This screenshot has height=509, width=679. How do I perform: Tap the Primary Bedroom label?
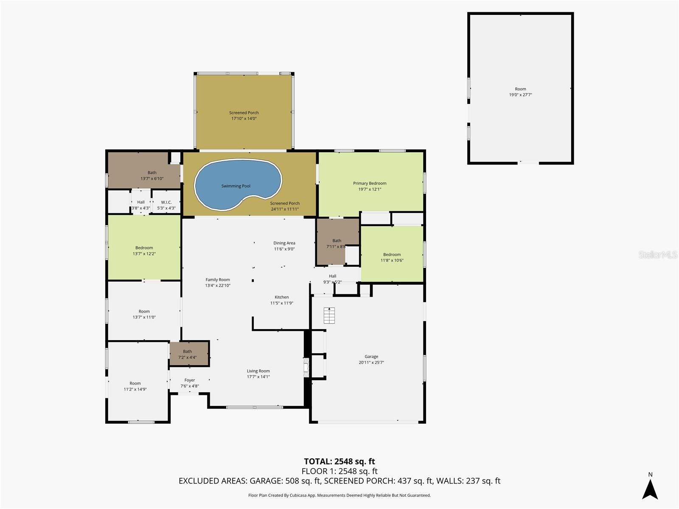[x=370, y=183]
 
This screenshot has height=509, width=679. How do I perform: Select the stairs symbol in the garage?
[x=329, y=316]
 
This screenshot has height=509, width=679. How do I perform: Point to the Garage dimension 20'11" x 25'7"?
[x=371, y=363]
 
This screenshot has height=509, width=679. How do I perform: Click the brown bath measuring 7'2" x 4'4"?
[x=189, y=354]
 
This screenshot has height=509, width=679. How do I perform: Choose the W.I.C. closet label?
[x=166, y=202]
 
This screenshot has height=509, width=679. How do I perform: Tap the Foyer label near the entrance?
[x=190, y=380]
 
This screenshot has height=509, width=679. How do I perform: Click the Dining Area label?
[x=284, y=243]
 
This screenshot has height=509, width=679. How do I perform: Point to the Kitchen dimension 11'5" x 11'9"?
[x=282, y=303]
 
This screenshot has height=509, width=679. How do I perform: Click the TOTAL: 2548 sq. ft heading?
[x=339, y=461]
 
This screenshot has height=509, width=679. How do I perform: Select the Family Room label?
[x=218, y=280]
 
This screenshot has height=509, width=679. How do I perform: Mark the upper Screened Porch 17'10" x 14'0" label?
[x=244, y=113]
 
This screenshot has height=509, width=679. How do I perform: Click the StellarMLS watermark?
[x=658, y=255]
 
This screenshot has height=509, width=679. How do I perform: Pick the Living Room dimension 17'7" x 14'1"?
[x=258, y=377]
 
